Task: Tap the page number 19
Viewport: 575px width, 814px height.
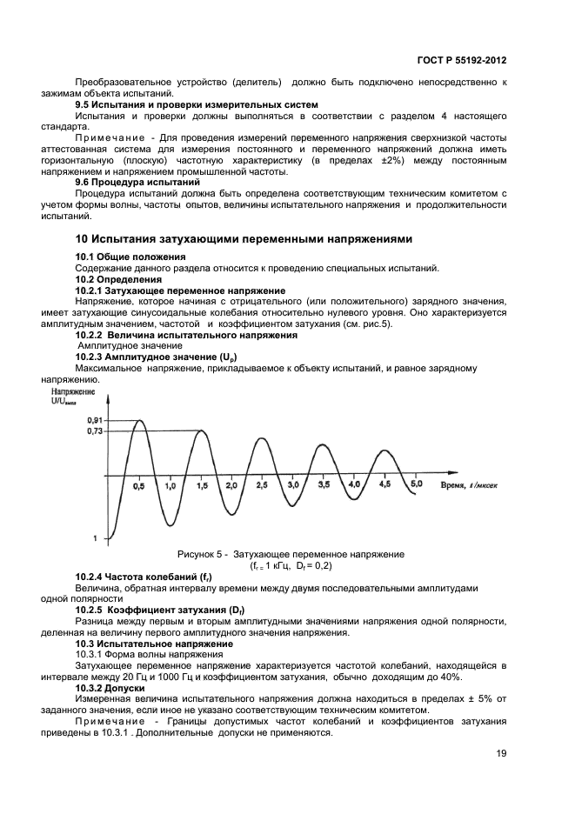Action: coord(502,753)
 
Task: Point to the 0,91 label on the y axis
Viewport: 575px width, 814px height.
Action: coord(95,420)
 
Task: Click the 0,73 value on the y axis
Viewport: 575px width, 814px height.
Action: coord(95,431)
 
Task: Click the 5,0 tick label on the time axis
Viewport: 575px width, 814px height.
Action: coord(417,484)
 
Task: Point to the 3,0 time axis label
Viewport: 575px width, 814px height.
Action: coord(293,484)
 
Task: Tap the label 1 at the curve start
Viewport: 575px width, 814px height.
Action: coord(95,540)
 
